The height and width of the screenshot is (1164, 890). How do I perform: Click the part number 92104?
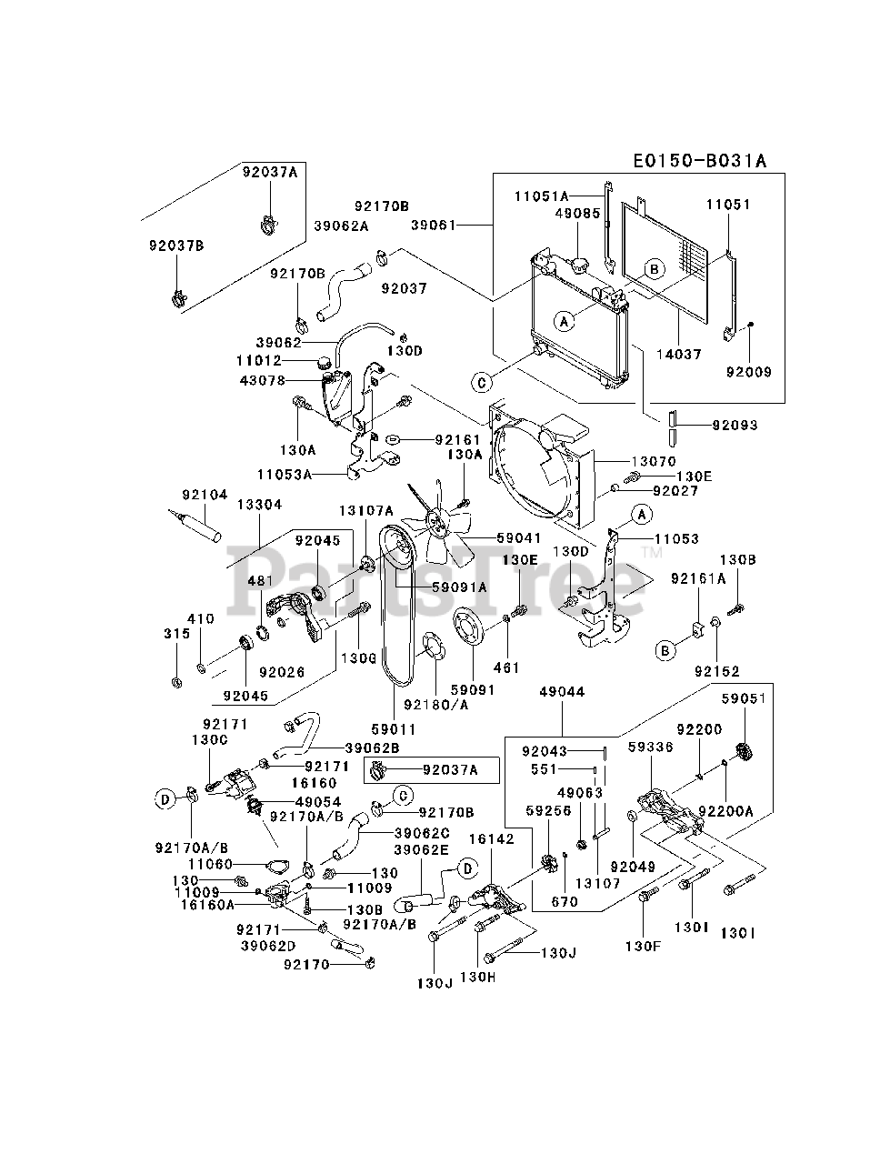point(205,495)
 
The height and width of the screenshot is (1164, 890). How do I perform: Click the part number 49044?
point(562,692)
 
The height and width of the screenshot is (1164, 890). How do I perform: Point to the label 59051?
point(745,698)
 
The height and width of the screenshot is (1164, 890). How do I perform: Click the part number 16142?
point(491,838)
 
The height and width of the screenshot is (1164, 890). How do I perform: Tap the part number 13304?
point(259,505)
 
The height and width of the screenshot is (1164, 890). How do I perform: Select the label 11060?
point(210,864)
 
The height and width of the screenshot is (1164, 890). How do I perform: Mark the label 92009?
point(749,371)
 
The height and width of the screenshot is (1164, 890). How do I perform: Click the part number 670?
point(565,902)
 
